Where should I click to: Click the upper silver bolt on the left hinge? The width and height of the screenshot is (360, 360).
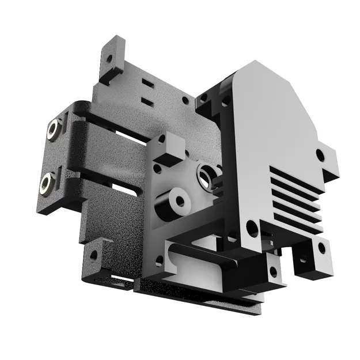click(54, 129)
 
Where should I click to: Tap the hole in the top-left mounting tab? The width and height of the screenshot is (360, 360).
click(108, 58)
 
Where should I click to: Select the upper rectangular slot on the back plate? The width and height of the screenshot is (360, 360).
click(147, 84)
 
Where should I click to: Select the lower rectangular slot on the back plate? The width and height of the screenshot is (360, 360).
click(147, 102)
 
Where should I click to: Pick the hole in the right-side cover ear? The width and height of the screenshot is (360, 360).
click(320, 154)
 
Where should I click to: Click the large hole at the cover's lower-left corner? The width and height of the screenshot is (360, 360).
click(252, 228)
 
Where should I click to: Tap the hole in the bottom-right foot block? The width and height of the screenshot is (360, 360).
click(321, 248)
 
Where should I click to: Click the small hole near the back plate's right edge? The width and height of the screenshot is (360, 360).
click(185, 100)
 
